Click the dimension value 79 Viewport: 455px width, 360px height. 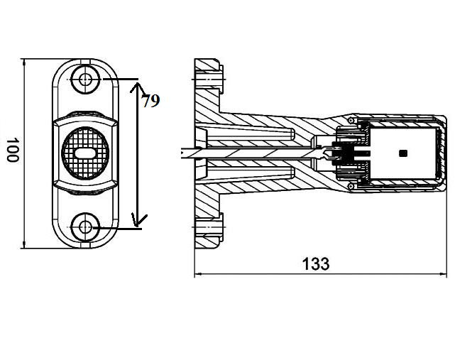click(x=150, y=101)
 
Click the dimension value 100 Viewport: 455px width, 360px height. click(x=13, y=150)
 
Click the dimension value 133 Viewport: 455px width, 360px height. click(x=316, y=263)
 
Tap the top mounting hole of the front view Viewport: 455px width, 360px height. click(x=85, y=80)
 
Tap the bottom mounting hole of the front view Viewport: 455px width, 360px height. click(x=85, y=227)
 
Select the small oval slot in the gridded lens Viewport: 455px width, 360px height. click(x=84, y=153)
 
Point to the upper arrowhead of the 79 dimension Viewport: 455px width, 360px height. click(x=138, y=87)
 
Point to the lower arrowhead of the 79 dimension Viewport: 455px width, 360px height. click(x=139, y=221)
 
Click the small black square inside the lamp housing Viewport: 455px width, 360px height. click(x=402, y=153)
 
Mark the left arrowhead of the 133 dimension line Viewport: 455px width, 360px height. click(x=197, y=274)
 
